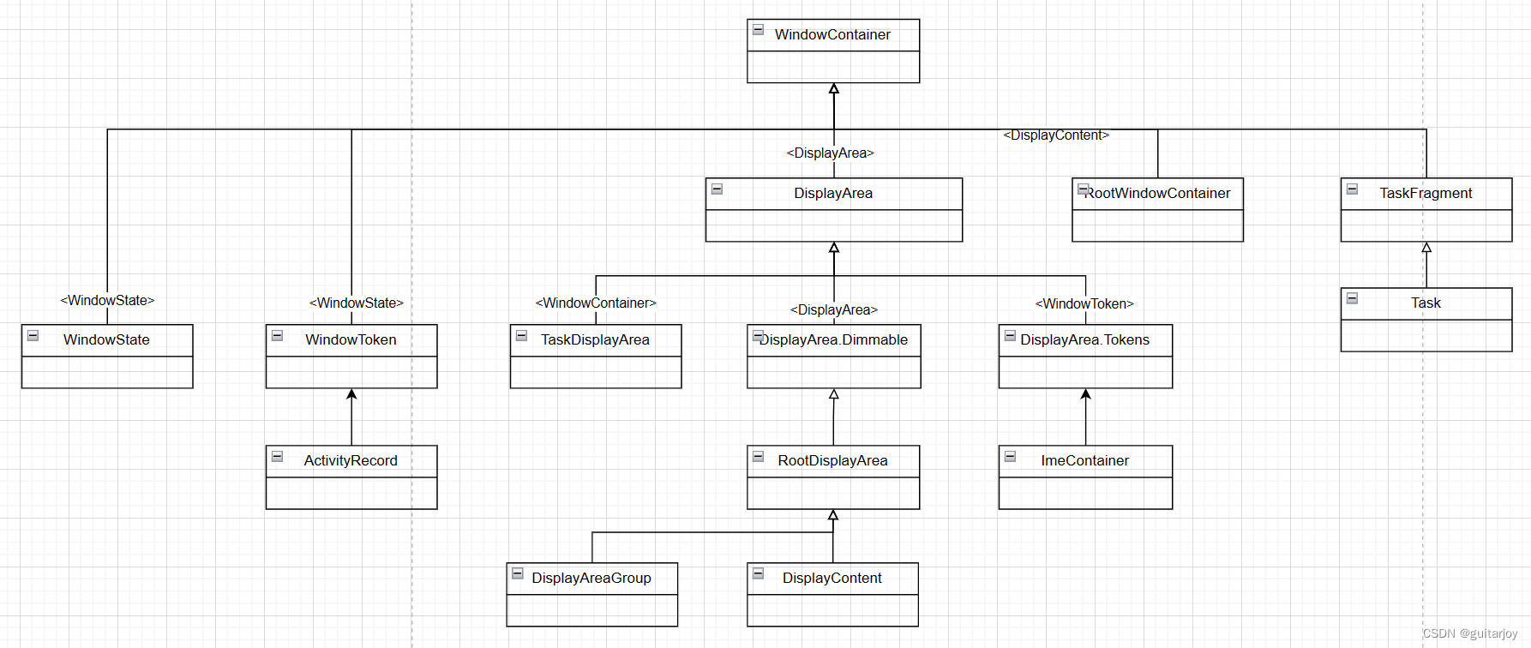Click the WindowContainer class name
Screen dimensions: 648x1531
point(832,34)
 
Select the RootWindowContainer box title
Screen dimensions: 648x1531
point(1157,194)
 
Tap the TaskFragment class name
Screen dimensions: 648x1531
point(1426,194)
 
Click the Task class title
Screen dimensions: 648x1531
point(1426,303)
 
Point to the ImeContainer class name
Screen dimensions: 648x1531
point(1084,461)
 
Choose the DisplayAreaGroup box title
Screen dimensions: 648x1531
point(591,579)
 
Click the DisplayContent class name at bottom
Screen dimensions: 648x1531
point(832,579)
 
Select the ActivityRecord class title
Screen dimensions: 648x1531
point(351,461)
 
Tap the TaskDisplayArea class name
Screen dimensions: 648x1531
point(595,340)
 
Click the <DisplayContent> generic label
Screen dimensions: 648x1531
point(1056,135)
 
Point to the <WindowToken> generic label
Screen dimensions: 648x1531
point(1084,304)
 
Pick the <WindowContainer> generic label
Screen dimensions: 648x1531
point(596,303)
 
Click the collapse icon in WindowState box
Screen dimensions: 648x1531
point(33,336)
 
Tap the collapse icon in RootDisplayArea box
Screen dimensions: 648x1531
point(759,457)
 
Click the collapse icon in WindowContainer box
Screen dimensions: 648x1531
point(759,30)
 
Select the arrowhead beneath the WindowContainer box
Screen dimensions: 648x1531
point(834,89)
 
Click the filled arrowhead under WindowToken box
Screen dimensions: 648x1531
point(351,394)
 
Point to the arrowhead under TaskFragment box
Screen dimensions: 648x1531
point(1426,248)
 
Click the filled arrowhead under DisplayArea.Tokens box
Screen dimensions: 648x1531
point(1085,394)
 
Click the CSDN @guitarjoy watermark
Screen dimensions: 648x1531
point(1469,633)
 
